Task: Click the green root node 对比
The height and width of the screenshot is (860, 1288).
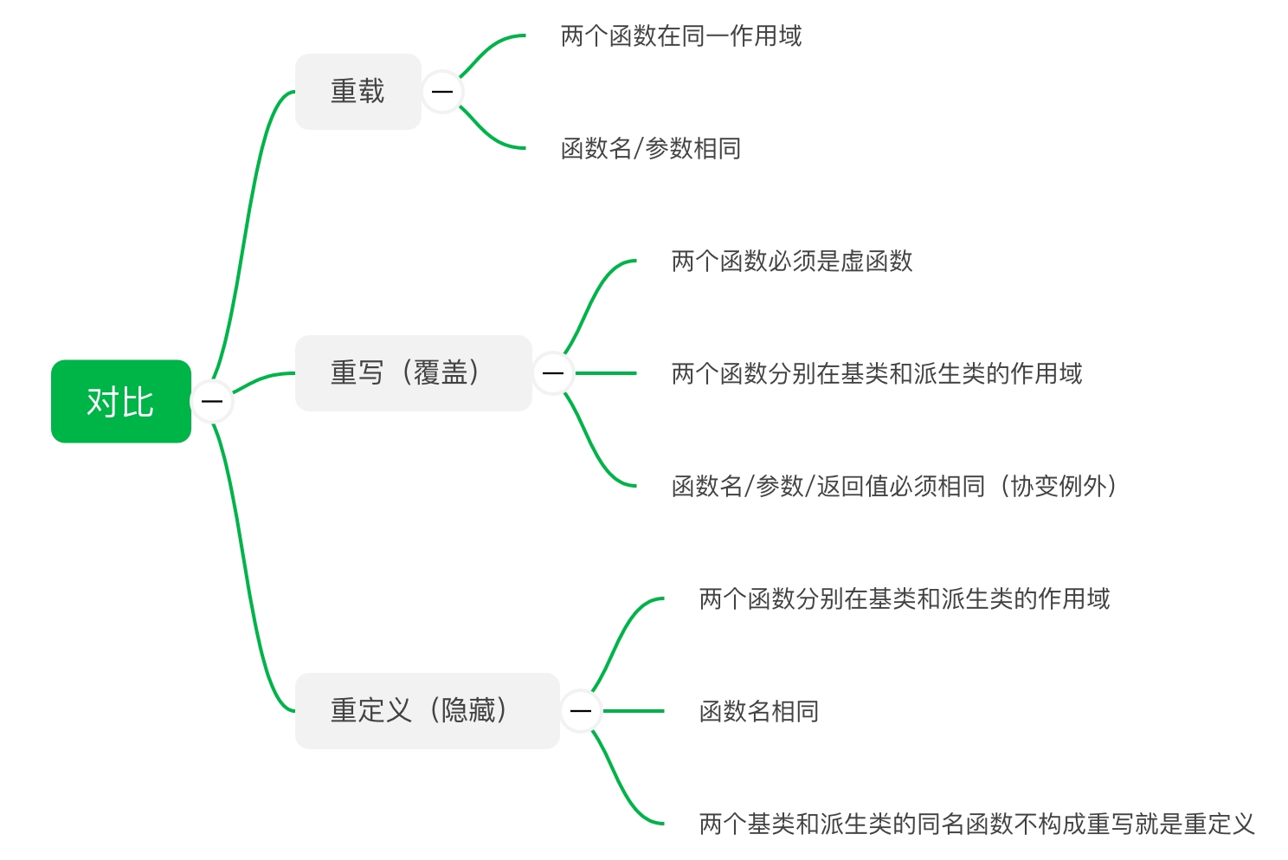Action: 120,402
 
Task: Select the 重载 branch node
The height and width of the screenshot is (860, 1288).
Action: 357,92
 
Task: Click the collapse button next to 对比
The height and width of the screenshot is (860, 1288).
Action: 212,402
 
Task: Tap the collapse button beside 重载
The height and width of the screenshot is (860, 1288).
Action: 442,92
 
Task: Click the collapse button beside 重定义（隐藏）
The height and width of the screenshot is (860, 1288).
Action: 581,711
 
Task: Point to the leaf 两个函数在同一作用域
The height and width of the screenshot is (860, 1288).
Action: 681,36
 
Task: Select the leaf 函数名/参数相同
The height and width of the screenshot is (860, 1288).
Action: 651,149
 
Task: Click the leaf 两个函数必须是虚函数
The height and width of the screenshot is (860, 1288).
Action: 792,262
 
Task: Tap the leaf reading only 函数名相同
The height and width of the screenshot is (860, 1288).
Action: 759,712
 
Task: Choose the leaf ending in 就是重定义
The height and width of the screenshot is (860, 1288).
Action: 976,824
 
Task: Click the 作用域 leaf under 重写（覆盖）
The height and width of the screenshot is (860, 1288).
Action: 877,374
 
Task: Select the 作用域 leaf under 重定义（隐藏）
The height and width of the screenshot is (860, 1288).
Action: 905,599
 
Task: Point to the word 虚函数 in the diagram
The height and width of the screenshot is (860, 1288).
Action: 877,262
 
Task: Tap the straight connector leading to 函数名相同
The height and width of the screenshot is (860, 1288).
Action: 633,711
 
